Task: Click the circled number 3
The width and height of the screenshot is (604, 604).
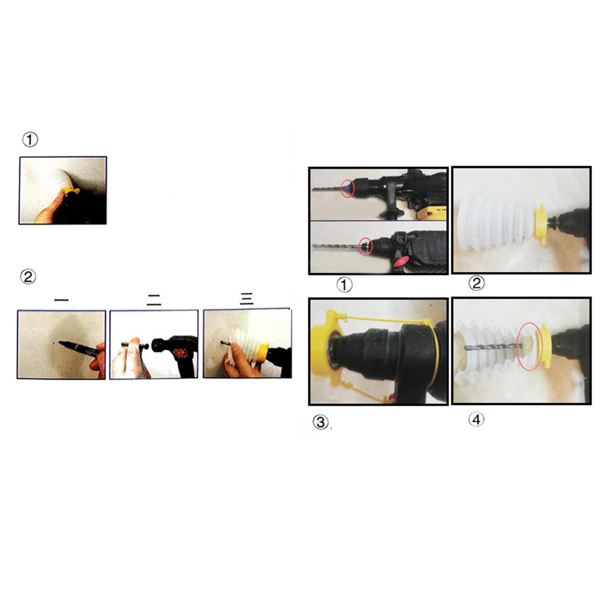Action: click(x=320, y=422)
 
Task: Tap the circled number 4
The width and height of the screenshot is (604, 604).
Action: click(x=476, y=419)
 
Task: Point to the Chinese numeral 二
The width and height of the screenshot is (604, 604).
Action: click(x=154, y=300)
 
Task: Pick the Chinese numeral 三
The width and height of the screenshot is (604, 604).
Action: click(x=247, y=299)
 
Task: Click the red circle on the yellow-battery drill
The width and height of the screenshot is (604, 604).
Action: click(x=348, y=188)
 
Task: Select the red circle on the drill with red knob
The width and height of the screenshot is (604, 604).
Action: click(x=365, y=246)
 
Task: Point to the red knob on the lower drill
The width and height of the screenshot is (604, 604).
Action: click(x=401, y=261)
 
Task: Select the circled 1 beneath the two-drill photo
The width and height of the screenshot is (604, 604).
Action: click(x=344, y=285)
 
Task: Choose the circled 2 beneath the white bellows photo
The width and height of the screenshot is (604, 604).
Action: click(x=476, y=283)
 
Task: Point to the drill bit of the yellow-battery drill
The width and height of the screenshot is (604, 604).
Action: click(x=327, y=188)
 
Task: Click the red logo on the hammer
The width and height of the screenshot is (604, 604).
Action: click(x=180, y=353)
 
